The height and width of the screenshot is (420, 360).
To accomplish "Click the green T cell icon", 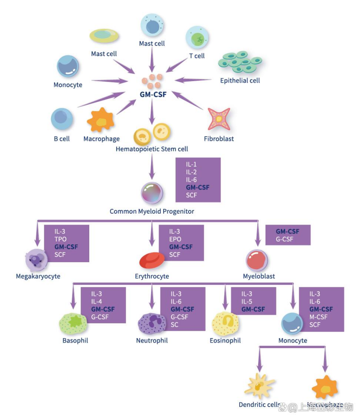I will (197, 38).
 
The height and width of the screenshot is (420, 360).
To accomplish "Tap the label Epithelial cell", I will (240, 80).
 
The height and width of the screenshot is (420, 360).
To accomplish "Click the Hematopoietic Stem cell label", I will (152, 149).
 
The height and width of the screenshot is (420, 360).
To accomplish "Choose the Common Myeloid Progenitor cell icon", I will (152, 193).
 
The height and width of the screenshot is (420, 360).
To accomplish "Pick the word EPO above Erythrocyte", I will (175, 239).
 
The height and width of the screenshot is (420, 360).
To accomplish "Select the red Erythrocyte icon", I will (150, 260).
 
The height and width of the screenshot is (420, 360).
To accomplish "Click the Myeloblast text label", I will (259, 276).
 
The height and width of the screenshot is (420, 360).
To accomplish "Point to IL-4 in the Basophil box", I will (97, 301).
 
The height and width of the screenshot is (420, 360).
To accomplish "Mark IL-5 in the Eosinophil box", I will (247, 301).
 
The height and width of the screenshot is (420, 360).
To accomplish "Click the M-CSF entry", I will (318, 317).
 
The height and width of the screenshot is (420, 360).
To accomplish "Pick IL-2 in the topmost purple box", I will (191, 172).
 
